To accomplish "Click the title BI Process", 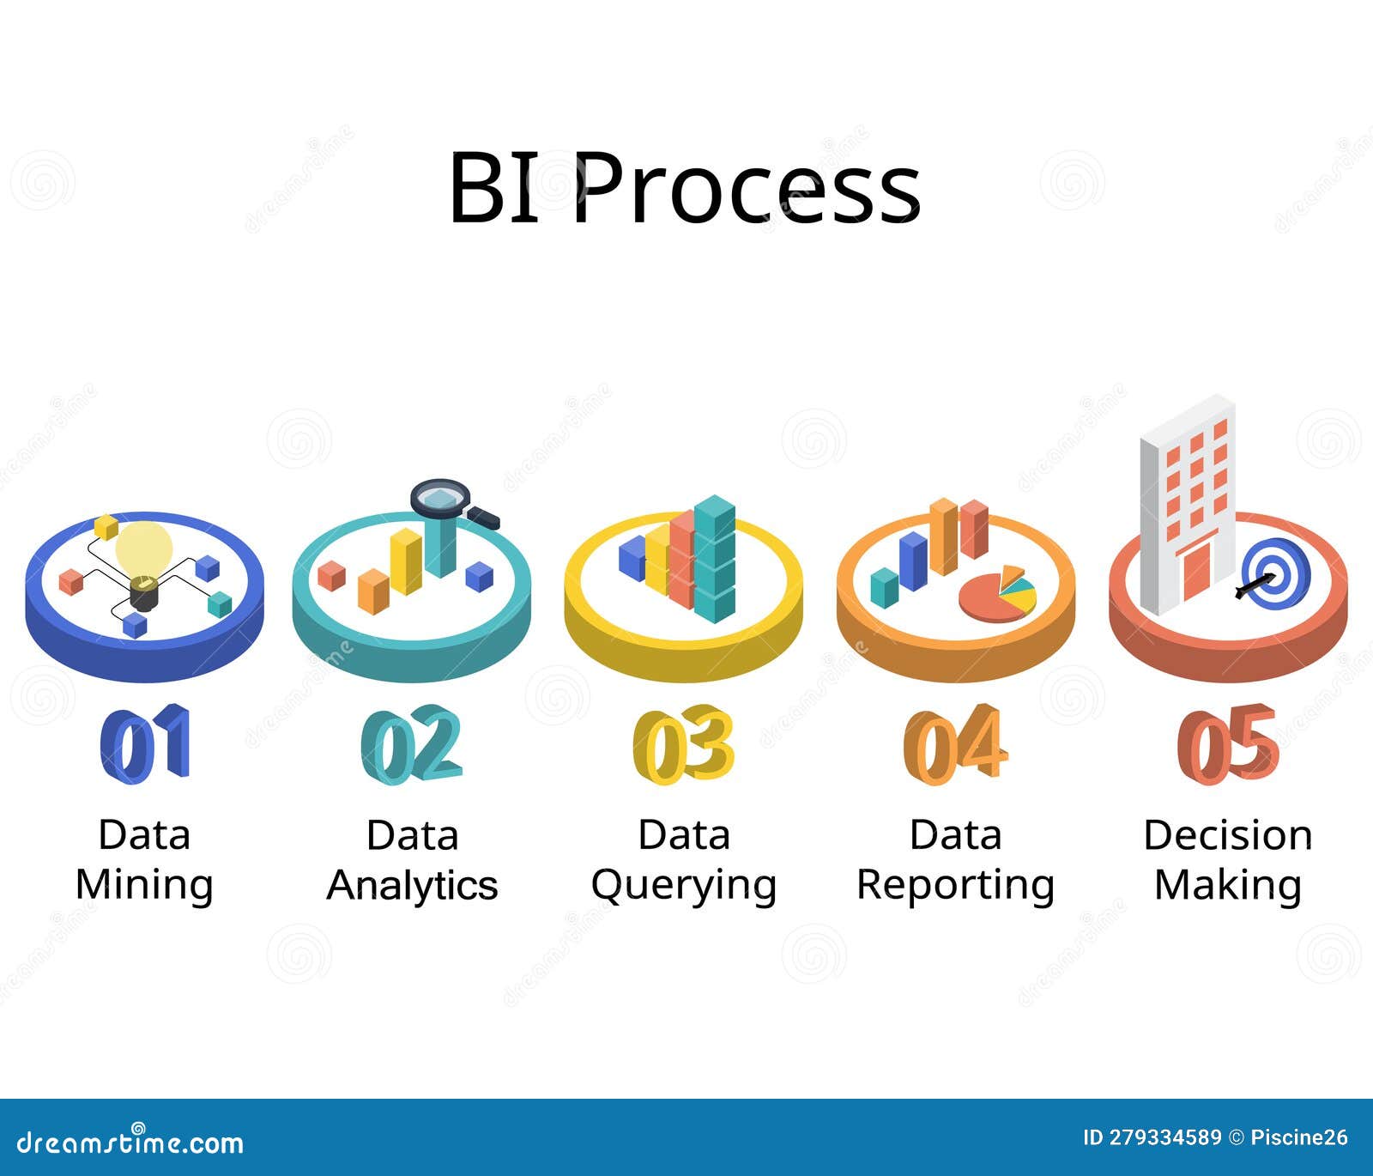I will (x=685, y=188).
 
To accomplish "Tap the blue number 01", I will (x=144, y=743).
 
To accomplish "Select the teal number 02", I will (x=412, y=743).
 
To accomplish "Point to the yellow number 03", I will (x=683, y=743).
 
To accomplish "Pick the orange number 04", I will (x=955, y=743).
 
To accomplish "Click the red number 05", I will (x=1228, y=743).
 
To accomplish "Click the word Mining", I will (x=144, y=885).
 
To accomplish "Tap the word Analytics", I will (x=412, y=885).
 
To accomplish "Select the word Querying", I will (x=684, y=885).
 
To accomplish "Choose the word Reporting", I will (x=955, y=885).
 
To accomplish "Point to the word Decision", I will (x=1228, y=835).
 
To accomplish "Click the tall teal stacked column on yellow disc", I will (x=715, y=558).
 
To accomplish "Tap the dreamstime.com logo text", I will (x=130, y=1143).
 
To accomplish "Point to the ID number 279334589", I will (x=1164, y=1138).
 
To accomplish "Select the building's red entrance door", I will (x=1196, y=570).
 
